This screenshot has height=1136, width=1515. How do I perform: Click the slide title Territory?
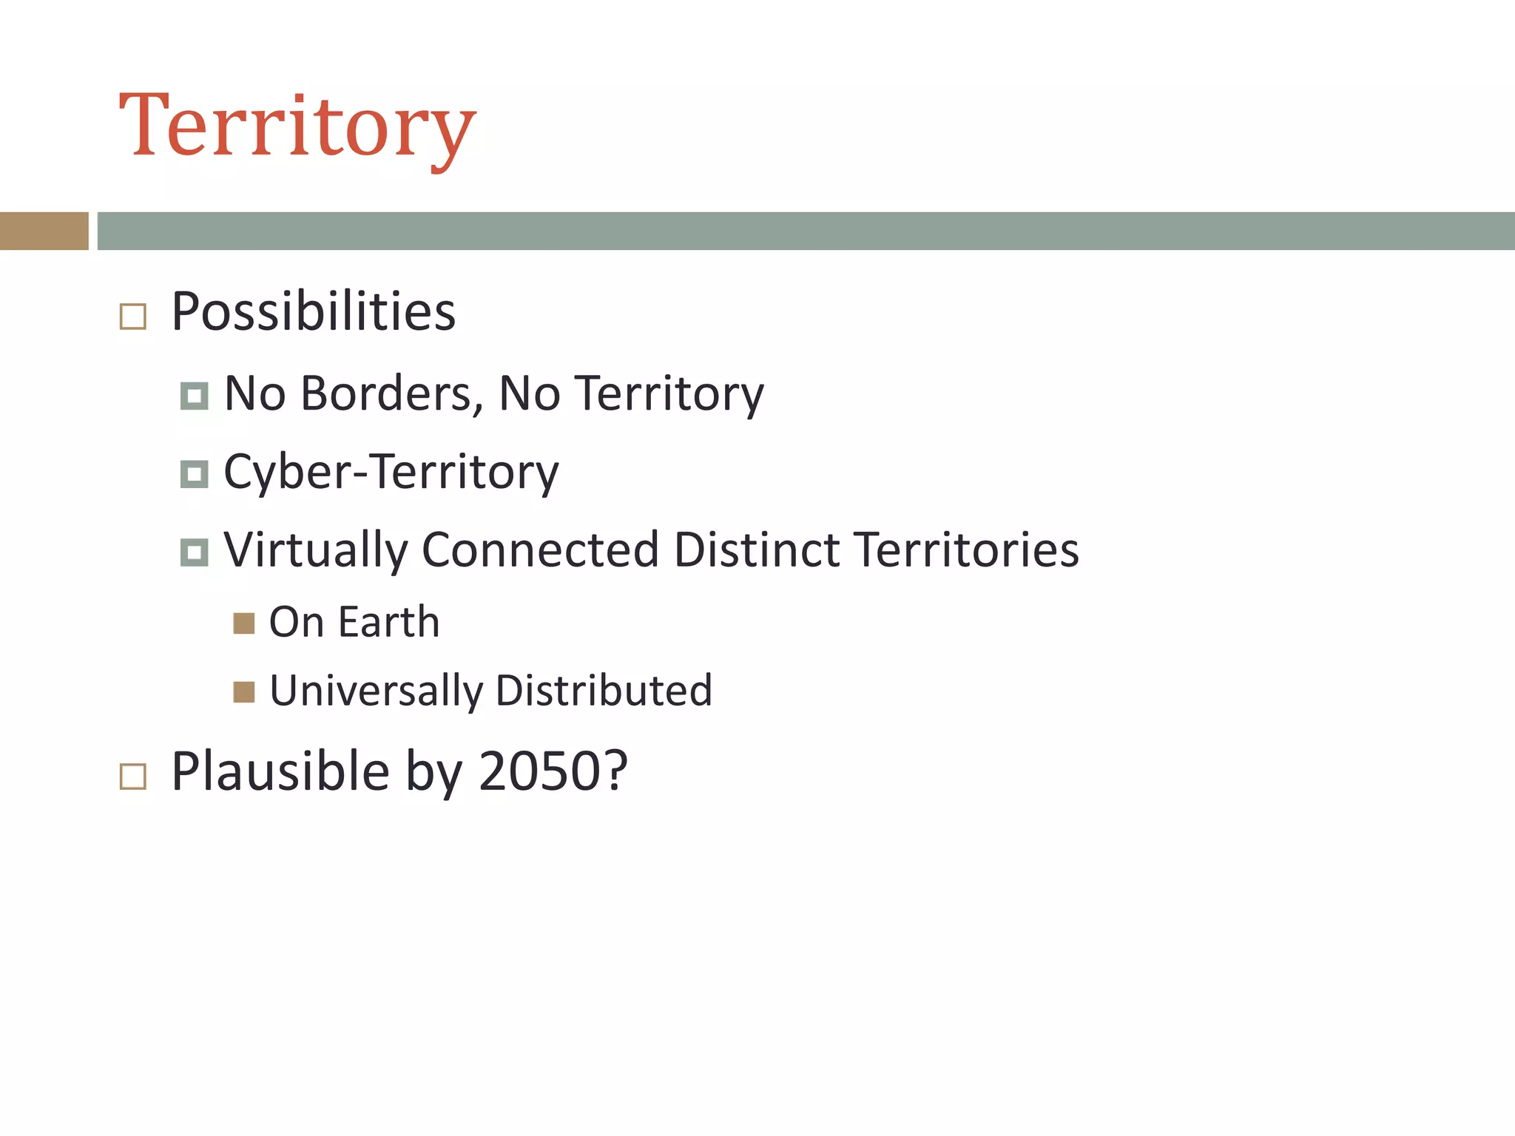tap(297, 126)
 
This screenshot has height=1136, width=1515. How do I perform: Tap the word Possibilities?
tap(313, 311)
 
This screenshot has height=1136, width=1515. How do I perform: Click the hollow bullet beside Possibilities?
tap(133, 317)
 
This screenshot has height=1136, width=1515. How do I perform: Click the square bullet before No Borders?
tap(194, 396)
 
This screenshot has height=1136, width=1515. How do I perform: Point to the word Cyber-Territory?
tap(391, 472)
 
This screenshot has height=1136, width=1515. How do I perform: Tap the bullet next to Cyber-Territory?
tap(194, 474)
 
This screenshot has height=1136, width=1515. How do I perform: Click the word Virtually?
tap(315, 550)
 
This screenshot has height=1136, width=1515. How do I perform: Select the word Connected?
tap(539, 550)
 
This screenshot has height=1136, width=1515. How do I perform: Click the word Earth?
tap(389, 621)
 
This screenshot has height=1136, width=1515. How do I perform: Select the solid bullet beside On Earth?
tap(244, 623)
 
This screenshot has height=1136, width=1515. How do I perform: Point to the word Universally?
tap(376, 691)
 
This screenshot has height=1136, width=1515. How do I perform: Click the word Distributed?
tap(604, 690)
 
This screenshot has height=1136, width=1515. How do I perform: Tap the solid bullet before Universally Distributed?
tap(244, 692)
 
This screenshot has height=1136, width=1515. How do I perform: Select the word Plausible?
tap(280, 771)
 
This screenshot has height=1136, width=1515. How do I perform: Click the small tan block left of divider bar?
tap(44, 231)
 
